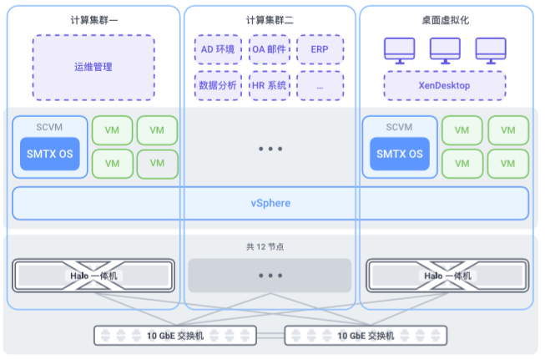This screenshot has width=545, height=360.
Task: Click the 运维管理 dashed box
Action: [x=93, y=67]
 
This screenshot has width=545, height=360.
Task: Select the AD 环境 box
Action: [x=219, y=49]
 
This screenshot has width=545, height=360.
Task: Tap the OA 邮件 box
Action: [x=270, y=49]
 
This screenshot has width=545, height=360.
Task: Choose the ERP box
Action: [x=320, y=49]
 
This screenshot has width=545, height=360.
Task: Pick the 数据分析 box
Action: [x=219, y=85]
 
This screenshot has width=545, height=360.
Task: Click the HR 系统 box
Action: [x=270, y=85]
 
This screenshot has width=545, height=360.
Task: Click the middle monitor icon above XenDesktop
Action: [x=444, y=50]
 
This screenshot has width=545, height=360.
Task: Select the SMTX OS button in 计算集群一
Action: [x=49, y=154]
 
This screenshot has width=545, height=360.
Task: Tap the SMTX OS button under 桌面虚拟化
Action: [x=399, y=154]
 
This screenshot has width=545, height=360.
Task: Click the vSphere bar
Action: [x=270, y=203]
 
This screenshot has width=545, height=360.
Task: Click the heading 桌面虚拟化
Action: [x=445, y=20]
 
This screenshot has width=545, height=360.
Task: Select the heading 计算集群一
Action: [x=93, y=20]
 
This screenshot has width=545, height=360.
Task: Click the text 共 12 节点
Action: [x=270, y=247]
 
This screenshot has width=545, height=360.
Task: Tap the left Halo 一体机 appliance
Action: [x=93, y=276]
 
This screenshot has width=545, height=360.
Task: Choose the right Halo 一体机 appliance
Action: [x=447, y=276]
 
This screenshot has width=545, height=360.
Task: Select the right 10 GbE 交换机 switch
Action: [x=365, y=336]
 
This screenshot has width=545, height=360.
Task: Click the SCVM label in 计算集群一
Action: [x=49, y=127]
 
